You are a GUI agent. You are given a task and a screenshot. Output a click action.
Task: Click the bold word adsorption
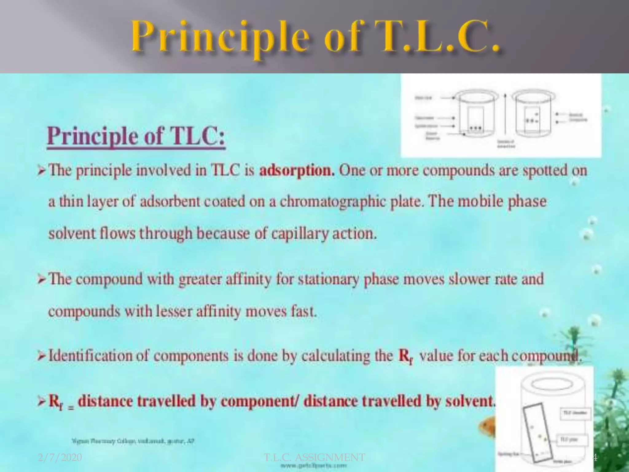[297, 171]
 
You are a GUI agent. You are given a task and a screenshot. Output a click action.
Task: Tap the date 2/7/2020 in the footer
[60, 458]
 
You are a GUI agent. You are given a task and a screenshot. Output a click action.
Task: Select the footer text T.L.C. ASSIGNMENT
[314, 458]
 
